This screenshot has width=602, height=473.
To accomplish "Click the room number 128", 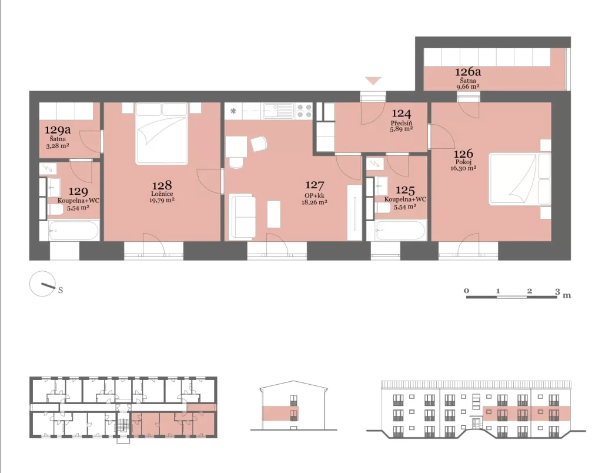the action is tap(162, 185).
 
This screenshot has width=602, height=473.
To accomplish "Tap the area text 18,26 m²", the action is tap(315, 202).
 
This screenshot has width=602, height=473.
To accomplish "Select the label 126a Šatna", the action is tap(468, 76).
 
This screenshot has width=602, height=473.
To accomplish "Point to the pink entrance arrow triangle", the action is tap(373, 81).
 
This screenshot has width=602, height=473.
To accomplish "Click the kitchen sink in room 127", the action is tap(277, 111).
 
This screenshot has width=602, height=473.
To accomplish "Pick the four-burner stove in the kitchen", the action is tap(304, 111).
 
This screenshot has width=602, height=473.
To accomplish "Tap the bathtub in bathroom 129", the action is tap(73, 231).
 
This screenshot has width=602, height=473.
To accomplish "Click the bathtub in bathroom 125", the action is tap(400, 230).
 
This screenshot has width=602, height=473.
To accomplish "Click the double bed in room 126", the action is tap(520, 179).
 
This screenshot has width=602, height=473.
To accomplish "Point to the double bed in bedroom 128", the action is tap(161, 134).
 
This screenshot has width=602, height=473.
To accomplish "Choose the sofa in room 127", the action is tap(242, 217).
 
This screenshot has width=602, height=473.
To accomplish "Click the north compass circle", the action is tap(41, 284).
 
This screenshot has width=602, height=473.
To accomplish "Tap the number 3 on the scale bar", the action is tap(557, 291).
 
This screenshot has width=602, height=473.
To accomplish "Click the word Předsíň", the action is tap(402, 124).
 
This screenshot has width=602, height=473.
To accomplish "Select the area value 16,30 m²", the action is tap(463, 168).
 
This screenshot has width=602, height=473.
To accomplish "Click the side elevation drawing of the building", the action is tap(294, 405).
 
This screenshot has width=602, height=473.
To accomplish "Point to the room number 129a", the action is tap(58, 129).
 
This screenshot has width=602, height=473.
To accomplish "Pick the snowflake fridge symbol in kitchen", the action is tap(233, 111).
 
